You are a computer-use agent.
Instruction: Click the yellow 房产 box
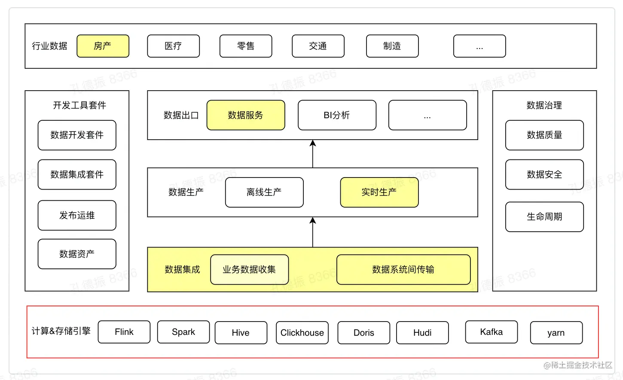(x=103, y=46)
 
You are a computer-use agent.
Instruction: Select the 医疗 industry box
(x=173, y=46)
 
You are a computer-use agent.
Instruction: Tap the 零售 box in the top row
(x=246, y=46)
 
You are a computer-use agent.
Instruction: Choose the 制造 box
(x=392, y=46)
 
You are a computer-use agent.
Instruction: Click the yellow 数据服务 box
(x=246, y=115)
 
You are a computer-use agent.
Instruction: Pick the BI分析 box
(x=337, y=115)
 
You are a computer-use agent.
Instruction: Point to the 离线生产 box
(x=264, y=192)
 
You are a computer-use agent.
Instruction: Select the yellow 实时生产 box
(x=379, y=192)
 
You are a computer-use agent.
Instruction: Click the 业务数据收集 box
(x=249, y=270)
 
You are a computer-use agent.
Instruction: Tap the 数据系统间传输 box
(x=403, y=270)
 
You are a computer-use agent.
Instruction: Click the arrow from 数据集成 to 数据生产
(x=313, y=232)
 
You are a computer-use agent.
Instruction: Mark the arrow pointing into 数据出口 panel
(x=313, y=154)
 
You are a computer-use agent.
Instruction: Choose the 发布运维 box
(x=77, y=215)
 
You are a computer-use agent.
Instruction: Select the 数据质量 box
(x=544, y=135)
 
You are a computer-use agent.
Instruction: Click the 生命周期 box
(x=544, y=217)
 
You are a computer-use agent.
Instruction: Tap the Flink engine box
(x=124, y=332)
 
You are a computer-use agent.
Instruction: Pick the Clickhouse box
(x=302, y=333)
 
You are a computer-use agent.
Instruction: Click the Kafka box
(x=491, y=332)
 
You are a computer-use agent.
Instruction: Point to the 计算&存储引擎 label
(x=61, y=331)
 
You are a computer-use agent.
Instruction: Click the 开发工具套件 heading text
(x=79, y=105)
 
